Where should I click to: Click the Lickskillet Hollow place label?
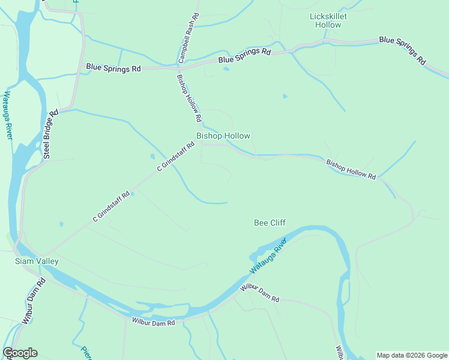[328, 20]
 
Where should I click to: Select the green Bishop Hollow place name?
[223, 136]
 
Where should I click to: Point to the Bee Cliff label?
[270, 223]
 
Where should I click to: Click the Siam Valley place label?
[37, 261]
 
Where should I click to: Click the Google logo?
[20, 353]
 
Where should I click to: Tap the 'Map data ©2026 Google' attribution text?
[411, 355]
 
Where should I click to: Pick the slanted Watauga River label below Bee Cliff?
[268, 256]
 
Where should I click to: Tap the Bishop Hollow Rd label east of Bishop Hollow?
[351, 170]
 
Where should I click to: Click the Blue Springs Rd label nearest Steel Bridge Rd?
[113, 68]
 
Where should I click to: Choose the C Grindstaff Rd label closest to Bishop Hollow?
[176, 157]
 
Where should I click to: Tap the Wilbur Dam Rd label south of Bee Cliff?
[260, 293]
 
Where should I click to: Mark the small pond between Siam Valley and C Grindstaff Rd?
[61, 224]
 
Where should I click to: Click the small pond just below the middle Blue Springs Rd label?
[226, 68]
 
